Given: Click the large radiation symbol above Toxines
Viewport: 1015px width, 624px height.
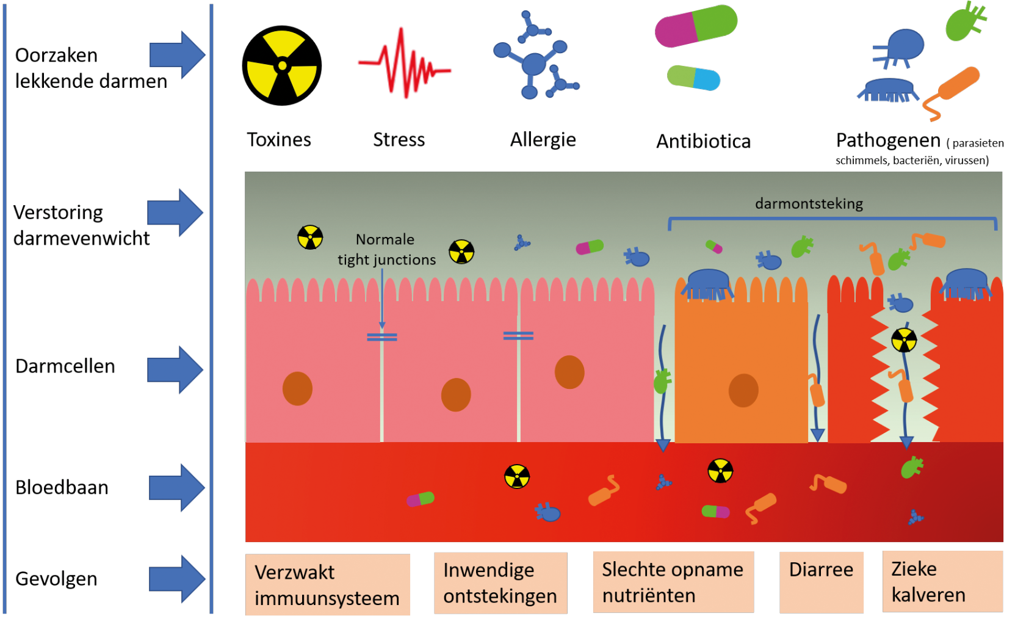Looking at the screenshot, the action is click(x=282, y=66).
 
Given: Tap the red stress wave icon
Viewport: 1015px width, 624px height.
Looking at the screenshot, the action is click(x=404, y=63).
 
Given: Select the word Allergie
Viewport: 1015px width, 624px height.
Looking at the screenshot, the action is click(x=543, y=140).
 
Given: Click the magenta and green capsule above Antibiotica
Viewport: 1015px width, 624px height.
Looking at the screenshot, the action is click(x=696, y=26).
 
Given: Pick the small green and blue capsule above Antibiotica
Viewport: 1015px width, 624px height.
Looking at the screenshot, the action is click(x=693, y=78).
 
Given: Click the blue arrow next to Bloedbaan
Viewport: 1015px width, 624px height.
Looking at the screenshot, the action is click(x=177, y=488).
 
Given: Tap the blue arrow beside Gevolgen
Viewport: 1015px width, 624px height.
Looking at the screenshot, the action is click(x=177, y=579).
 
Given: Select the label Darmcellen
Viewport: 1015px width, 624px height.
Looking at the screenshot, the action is click(x=65, y=366).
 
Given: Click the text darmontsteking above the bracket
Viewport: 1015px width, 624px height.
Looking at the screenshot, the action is click(x=809, y=204).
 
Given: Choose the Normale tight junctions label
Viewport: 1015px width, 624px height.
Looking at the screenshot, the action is click(x=386, y=249).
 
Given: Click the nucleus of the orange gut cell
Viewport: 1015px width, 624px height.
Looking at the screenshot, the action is click(x=743, y=390).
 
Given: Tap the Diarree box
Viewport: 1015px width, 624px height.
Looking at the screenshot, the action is click(x=821, y=582).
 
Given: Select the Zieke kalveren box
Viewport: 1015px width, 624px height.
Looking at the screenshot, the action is click(x=942, y=581).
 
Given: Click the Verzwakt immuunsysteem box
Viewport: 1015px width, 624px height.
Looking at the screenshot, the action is click(x=328, y=584).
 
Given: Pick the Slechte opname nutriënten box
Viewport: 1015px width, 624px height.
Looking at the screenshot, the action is click(x=673, y=582).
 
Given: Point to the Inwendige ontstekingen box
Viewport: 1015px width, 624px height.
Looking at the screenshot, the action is click(x=500, y=582).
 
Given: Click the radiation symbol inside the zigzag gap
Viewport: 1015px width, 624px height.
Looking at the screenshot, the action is click(x=904, y=340).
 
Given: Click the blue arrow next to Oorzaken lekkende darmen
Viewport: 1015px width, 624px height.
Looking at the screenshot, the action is click(x=177, y=56).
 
